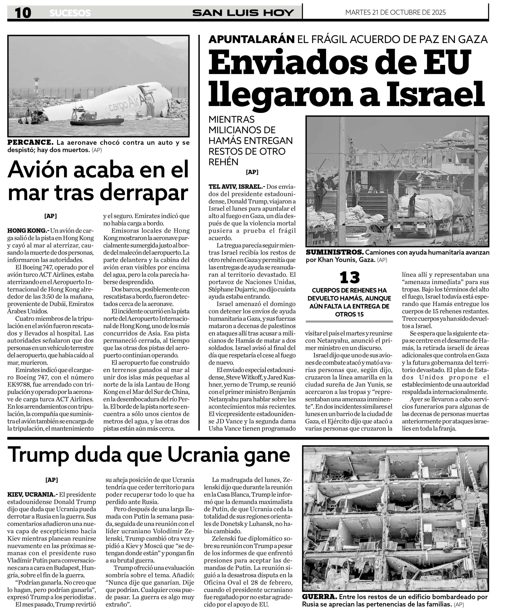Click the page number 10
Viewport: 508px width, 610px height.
tap(23, 13)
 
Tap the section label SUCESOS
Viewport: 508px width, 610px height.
tap(70, 13)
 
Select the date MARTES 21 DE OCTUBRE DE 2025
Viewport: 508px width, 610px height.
tap(395, 12)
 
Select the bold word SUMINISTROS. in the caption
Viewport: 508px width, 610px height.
tap(334, 252)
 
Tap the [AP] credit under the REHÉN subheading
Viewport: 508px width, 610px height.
tap(252, 172)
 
